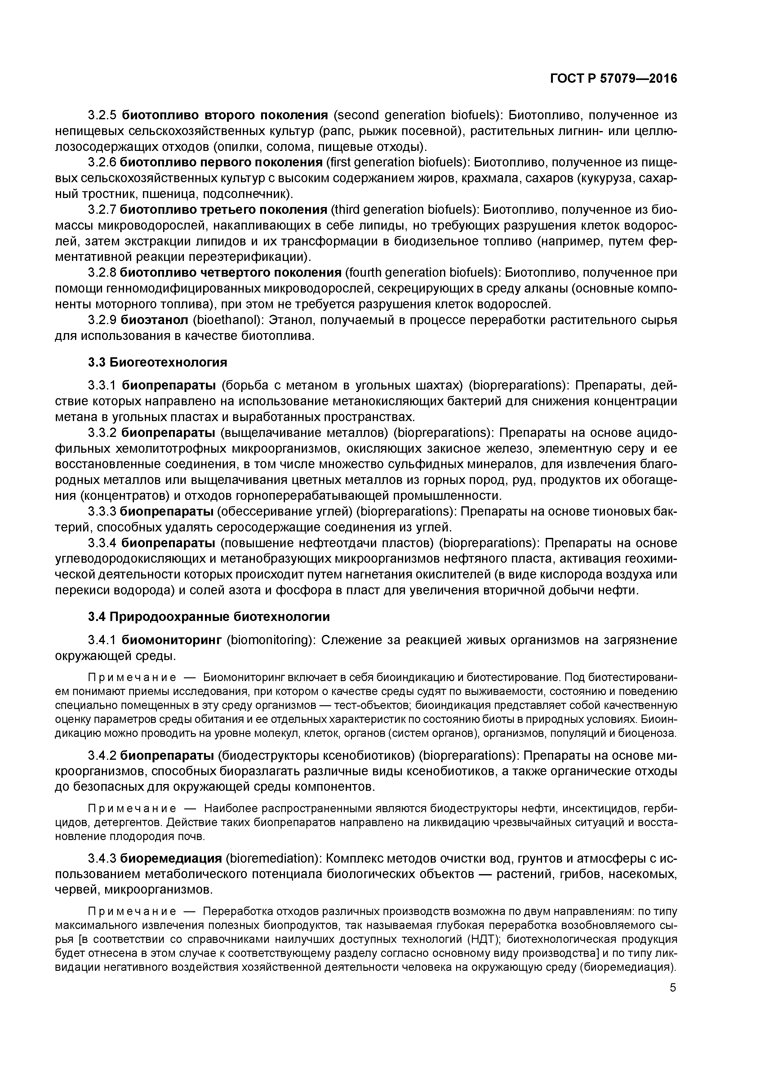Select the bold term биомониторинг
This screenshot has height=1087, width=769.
[x=171, y=640]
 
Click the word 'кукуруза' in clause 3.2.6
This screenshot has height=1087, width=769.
[x=600, y=178]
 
